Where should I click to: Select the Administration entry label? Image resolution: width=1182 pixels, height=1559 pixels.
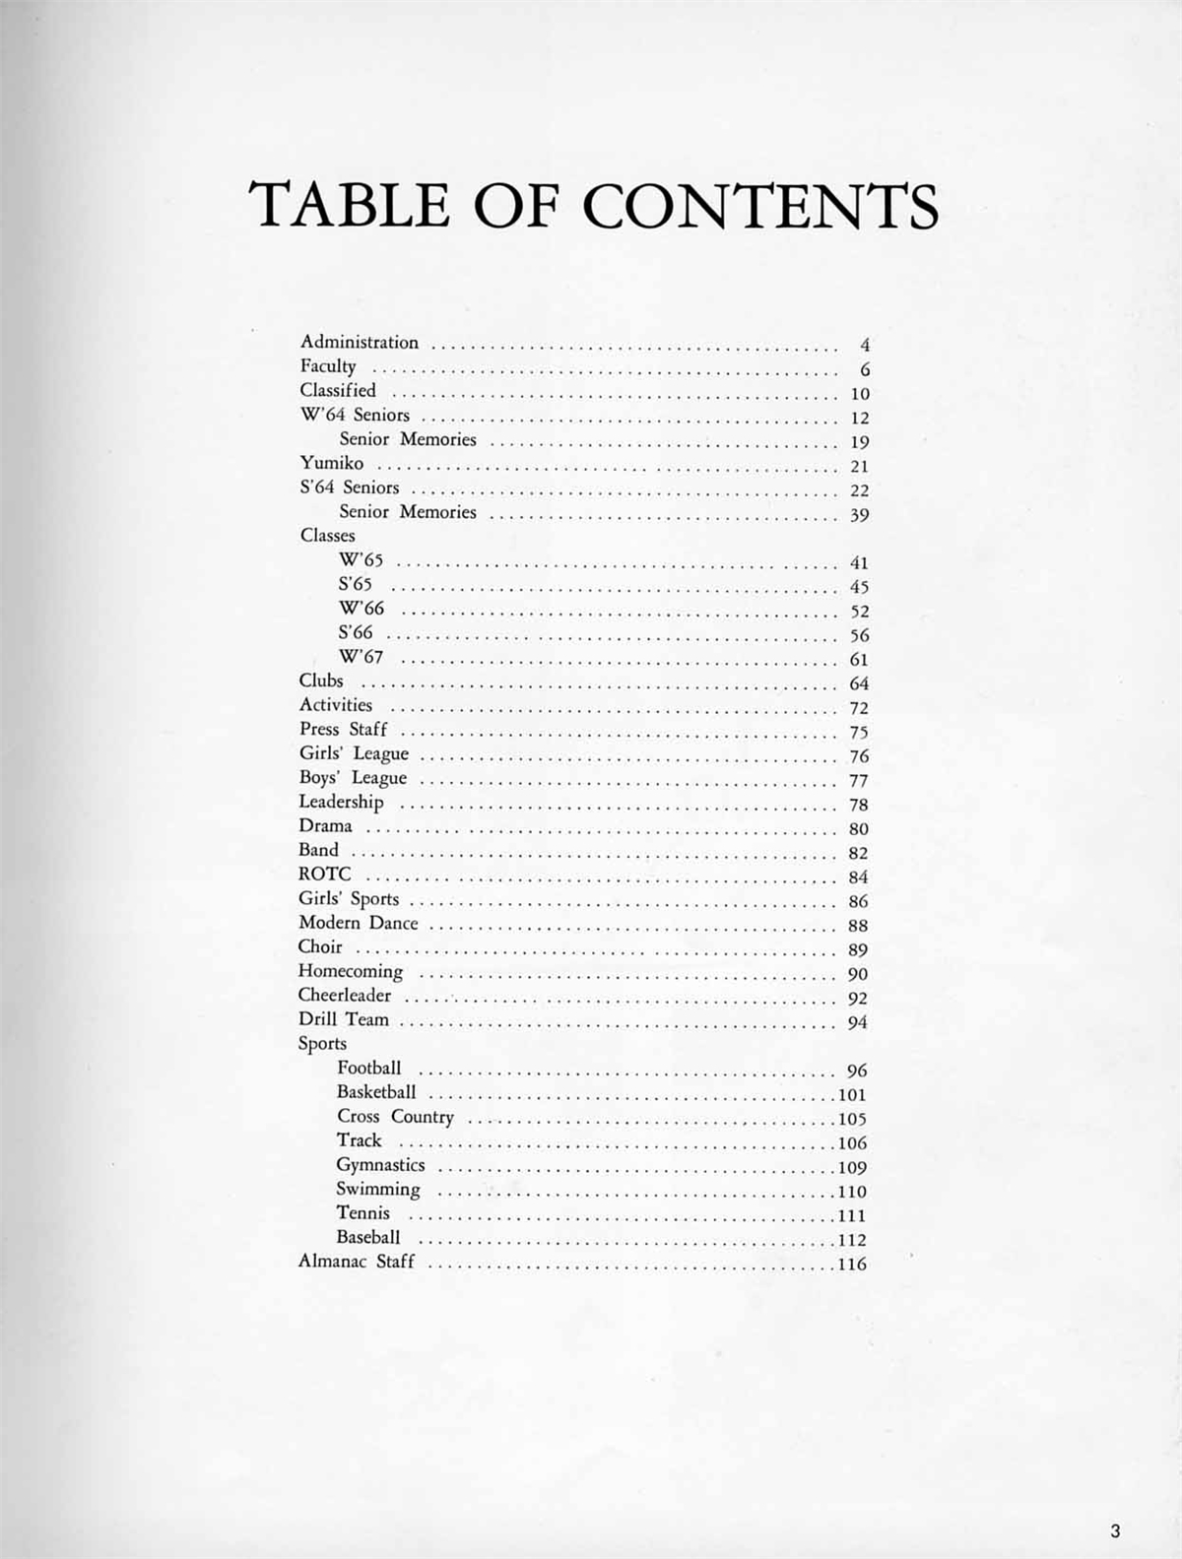(360, 343)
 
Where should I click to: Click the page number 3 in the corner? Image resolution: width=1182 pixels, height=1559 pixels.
(1115, 1530)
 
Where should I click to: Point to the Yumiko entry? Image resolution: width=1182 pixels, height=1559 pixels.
(332, 463)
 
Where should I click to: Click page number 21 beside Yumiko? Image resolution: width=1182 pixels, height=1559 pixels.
(859, 467)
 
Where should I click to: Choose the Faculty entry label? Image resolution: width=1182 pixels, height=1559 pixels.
(328, 366)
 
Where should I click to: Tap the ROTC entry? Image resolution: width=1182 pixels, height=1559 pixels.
(324, 874)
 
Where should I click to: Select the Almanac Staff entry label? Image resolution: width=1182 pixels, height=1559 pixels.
(357, 1262)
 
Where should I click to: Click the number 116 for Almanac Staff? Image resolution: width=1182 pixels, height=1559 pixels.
(852, 1265)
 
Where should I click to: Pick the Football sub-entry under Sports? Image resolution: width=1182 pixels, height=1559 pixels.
(368, 1068)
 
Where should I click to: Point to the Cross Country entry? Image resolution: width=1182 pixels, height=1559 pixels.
(395, 1116)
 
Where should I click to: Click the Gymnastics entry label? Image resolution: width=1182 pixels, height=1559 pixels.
(380, 1165)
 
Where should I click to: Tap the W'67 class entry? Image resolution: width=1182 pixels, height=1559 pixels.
(361, 657)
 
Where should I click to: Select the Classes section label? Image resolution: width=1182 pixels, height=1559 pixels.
(327, 536)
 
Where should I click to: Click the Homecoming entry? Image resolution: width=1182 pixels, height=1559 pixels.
(351, 971)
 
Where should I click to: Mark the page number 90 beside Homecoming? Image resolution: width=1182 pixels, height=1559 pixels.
(858, 975)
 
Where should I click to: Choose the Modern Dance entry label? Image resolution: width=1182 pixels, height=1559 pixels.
(358, 923)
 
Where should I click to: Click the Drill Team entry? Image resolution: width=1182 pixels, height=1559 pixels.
(343, 1019)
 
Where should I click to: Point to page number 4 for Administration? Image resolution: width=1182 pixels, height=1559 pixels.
(865, 346)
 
